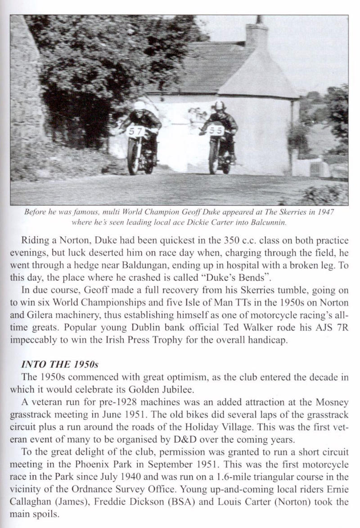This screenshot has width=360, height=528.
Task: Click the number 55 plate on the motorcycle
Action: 217,131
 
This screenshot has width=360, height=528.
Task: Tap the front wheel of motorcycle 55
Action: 213,158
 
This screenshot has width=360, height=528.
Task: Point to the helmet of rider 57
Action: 139,106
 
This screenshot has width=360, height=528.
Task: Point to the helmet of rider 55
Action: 219,106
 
